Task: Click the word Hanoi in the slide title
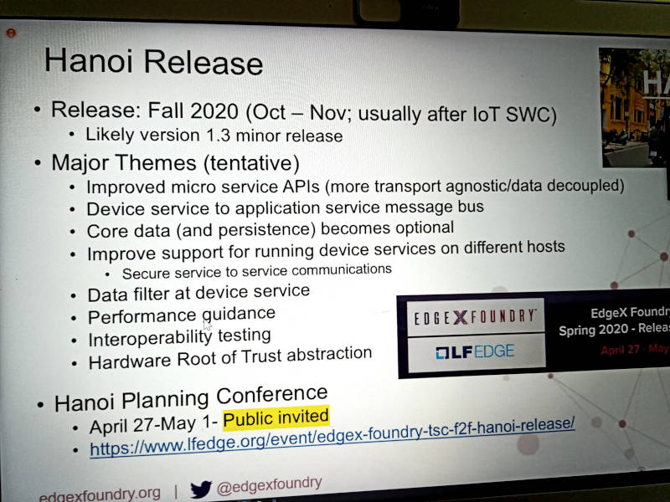click(89, 60)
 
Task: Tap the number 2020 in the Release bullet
click(214, 111)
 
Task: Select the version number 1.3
click(218, 136)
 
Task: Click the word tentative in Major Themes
click(251, 163)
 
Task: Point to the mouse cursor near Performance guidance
click(207, 325)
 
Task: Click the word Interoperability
click(151, 340)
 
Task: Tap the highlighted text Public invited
click(276, 417)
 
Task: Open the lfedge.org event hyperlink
click(332, 436)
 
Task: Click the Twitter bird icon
click(201, 489)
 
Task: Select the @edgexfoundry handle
click(269, 486)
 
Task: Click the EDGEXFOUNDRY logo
click(475, 317)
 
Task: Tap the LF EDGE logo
click(475, 351)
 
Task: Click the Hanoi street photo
click(634, 107)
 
